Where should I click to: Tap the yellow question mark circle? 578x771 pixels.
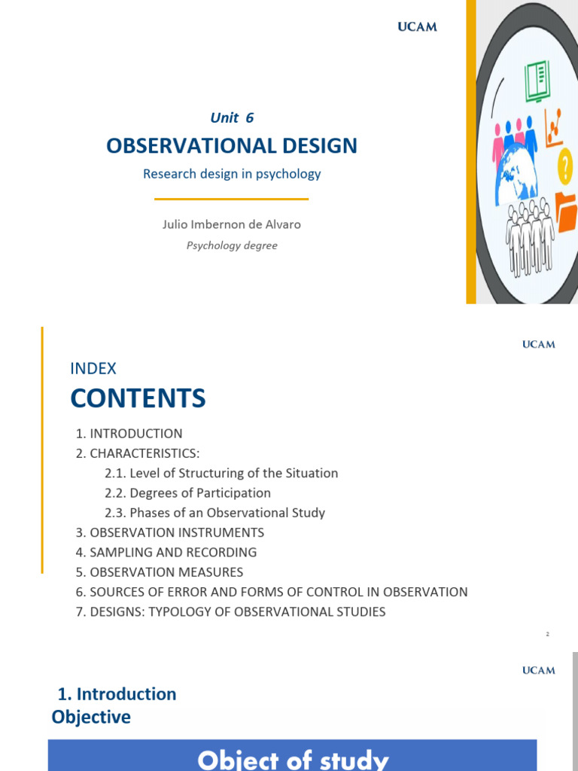564,166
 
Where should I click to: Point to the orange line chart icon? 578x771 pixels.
554,126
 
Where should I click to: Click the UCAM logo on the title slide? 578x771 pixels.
417,27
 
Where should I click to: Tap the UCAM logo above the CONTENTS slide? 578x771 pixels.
539,344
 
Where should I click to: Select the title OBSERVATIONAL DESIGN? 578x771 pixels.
232,145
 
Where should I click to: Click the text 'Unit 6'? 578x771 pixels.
231,117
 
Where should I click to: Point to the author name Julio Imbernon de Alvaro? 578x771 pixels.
232,224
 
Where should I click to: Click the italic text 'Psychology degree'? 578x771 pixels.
232,245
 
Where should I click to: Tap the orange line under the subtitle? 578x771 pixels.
231,199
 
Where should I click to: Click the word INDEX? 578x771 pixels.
93,368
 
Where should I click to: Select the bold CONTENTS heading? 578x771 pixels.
138,398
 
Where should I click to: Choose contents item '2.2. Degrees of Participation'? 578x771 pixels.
188,493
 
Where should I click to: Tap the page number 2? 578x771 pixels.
548,634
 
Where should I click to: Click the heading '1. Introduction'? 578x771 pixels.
117,693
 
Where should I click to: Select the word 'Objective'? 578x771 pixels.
91,717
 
